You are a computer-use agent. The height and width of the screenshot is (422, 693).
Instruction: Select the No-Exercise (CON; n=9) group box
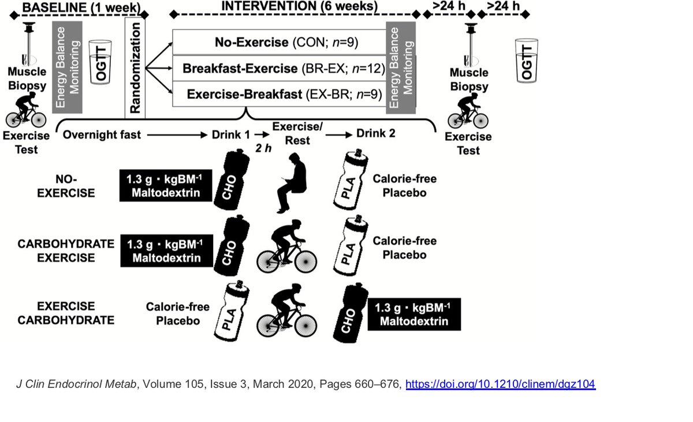tap(280, 42)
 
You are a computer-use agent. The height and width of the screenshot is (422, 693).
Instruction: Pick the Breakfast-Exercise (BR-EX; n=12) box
tap(280, 69)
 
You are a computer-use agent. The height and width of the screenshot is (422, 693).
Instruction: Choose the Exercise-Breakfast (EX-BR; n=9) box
tap(280, 94)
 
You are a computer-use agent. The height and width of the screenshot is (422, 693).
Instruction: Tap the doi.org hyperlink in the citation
tap(500, 384)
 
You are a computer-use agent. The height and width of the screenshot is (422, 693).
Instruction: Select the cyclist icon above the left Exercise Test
tap(25, 112)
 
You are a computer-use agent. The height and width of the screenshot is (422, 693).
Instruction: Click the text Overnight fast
tap(102, 135)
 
